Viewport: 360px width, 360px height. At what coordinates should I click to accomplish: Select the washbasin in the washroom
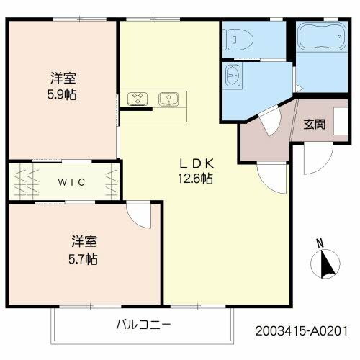233,74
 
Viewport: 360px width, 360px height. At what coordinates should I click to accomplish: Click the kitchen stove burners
138,99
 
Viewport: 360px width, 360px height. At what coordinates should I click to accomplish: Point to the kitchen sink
168,99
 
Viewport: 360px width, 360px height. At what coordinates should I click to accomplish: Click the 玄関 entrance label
314,125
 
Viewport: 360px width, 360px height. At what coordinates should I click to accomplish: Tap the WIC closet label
72,182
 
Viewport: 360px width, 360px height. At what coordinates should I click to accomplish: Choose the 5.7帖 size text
84,259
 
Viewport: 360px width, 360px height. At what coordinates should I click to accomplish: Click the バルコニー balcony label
143,325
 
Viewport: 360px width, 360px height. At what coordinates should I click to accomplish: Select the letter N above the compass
319,242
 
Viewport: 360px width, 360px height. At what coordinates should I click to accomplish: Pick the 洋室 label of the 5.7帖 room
84,243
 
